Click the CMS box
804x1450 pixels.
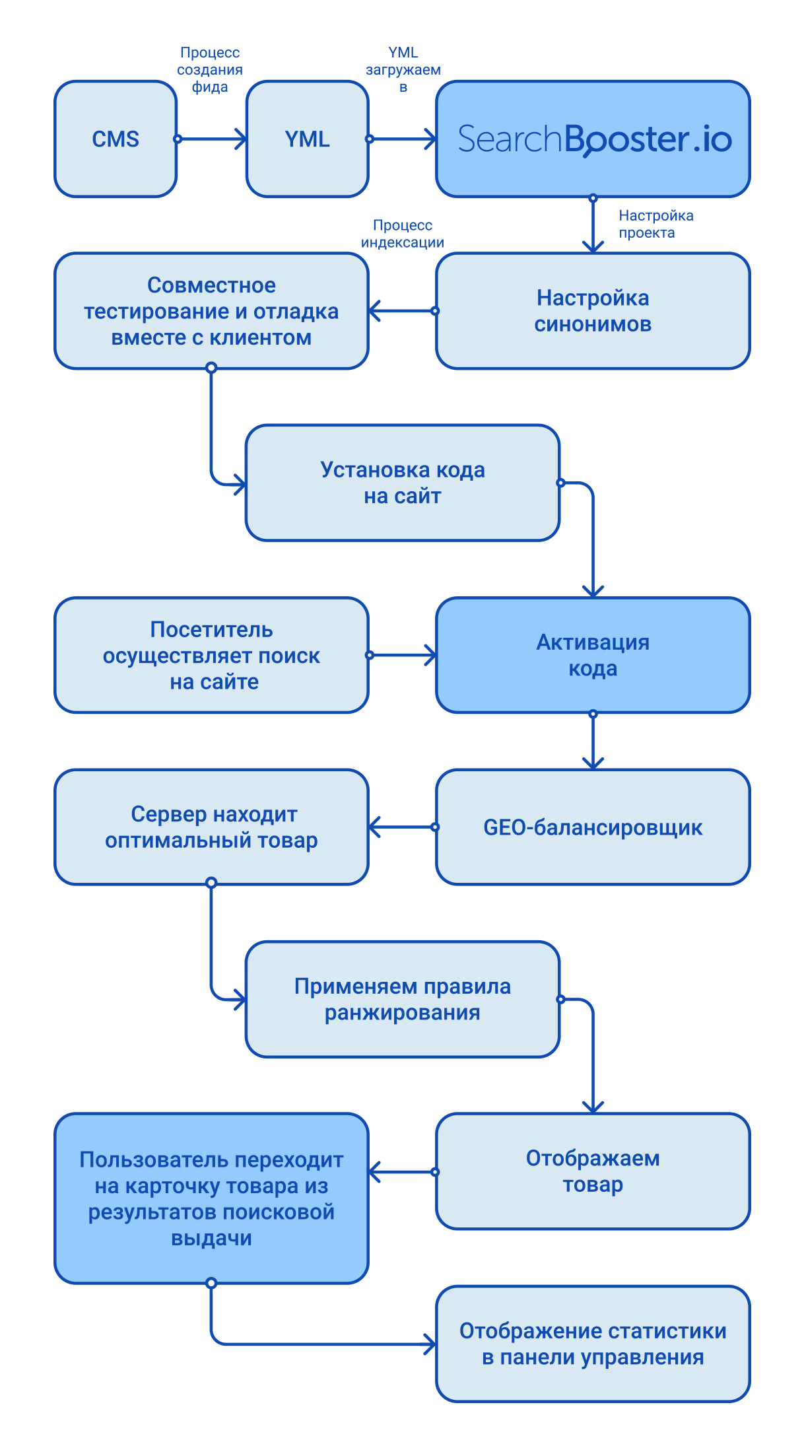tap(116, 139)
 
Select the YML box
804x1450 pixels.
tap(307, 139)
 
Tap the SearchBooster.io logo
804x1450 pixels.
tap(594, 139)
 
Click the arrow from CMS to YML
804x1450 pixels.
tap(211, 139)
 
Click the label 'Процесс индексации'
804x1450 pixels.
tap(403, 234)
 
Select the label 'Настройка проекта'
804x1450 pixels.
tap(655, 224)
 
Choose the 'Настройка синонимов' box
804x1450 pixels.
tap(593, 310)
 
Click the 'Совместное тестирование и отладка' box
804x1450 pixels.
tap(211, 310)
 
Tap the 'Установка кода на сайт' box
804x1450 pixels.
tap(403, 483)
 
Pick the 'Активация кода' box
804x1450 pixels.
tap(593, 655)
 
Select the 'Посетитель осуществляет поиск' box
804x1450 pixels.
tap(211, 655)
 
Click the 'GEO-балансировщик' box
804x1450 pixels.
tap(593, 827)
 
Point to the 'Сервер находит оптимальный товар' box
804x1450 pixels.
tap(211, 827)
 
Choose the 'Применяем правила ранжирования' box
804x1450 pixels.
tap(403, 999)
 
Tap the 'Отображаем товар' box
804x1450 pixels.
tap(593, 1171)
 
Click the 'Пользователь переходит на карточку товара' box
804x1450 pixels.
tap(211, 1198)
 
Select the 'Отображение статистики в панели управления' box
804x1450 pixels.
tap(593, 1344)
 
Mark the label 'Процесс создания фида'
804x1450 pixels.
tap(210, 70)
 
